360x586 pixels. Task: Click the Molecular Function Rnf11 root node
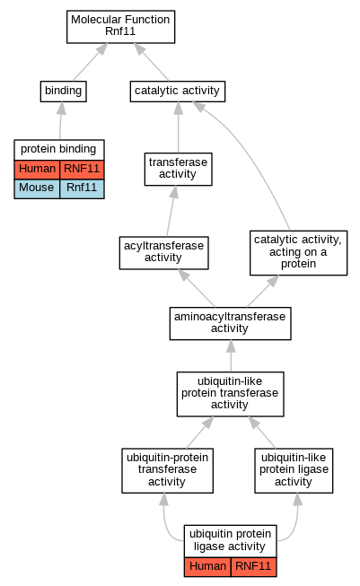tap(120, 27)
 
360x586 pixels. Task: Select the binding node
tap(63, 92)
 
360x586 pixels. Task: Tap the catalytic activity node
tap(178, 92)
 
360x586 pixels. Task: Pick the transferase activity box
tap(179, 169)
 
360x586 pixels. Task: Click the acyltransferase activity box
tap(163, 253)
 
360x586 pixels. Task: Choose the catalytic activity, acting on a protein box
tap(298, 253)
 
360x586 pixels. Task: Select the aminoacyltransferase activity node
tap(231, 323)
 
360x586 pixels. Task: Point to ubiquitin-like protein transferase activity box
tap(231, 394)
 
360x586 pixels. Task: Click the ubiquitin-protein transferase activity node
tap(168, 470)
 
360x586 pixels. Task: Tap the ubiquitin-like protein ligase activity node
tap(294, 470)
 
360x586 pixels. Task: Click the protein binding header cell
tap(59, 150)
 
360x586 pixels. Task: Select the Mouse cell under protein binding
tap(37, 188)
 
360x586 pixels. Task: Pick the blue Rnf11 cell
tap(82, 188)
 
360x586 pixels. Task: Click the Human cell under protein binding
tap(37, 170)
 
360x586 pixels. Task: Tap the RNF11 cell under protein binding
tap(82, 170)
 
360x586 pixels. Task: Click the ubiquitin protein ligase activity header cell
tap(231, 540)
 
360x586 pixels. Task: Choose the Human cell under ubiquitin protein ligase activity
tap(207, 567)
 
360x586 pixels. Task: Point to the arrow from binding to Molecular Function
tap(90, 62)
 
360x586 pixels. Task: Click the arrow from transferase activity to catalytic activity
tap(179, 127)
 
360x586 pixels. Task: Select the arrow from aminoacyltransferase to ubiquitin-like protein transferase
tap(231, 355)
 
